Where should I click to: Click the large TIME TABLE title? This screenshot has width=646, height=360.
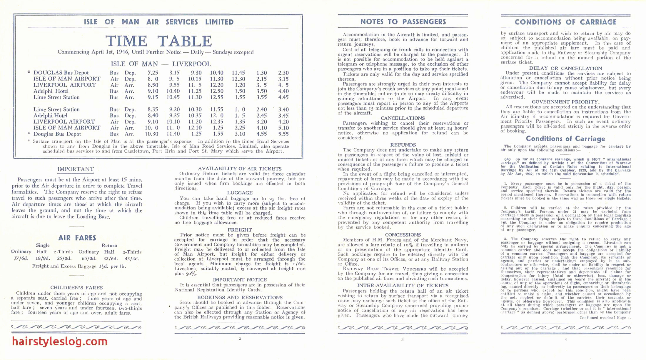point(158,41)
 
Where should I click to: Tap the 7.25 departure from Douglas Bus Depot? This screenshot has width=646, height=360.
point(153,73)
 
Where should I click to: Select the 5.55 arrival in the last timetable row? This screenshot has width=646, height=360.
point(283,134)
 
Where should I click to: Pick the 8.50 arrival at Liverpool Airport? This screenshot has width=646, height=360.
point(153,85)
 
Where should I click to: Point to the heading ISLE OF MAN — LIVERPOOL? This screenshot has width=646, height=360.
point(161,64)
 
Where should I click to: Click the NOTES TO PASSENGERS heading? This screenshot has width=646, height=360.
point(403,22)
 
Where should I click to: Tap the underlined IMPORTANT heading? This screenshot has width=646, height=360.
point(76,169)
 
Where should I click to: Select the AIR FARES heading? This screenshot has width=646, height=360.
point(77,238)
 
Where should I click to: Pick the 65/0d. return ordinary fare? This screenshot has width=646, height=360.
point(88,259)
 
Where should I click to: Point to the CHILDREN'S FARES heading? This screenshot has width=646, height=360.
point(76,288)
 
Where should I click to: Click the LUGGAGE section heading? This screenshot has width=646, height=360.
point(240,193)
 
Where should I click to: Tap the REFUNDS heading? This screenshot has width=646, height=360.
point(403,145)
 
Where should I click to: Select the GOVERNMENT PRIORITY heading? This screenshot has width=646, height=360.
point(565,102)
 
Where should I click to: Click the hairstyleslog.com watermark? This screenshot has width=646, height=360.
point(60,341)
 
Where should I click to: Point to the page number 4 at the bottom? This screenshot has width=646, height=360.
point(565,339)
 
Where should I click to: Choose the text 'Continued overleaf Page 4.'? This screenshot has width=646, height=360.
point(605,318)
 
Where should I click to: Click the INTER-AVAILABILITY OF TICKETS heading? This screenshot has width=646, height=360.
point(403,285)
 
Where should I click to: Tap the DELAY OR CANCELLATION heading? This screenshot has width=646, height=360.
point(565,68)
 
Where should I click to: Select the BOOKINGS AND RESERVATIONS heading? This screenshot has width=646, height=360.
point(240,297)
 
